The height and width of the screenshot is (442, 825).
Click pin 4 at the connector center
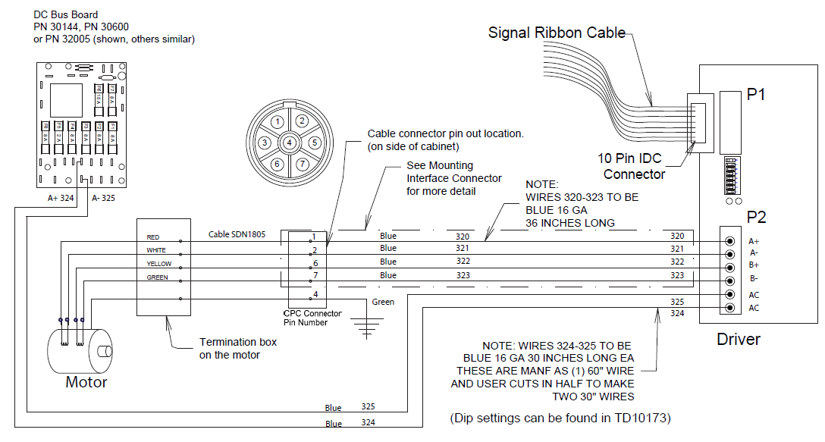coord(290,143)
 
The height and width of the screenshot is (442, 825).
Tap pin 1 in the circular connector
coord(278,121)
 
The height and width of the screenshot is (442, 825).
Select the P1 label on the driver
coord(756,95)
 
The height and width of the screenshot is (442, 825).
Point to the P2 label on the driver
coord(756,217)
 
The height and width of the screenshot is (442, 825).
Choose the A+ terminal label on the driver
coord(754,240)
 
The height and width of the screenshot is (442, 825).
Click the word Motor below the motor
coord(86,382)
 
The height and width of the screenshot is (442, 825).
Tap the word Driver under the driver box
coord(739,339)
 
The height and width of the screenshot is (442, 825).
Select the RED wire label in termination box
coord(153,237)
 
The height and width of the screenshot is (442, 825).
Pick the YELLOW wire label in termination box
coord(158,264)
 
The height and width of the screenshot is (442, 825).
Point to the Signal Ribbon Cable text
coord(557,33)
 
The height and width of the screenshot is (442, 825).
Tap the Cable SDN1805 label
coord(237,234)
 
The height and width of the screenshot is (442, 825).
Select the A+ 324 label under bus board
coord(60,198)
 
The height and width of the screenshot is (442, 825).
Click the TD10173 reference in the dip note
coord(644,418)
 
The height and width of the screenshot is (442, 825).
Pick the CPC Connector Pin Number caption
coord(312,318)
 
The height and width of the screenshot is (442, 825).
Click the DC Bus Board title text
coord(66,15)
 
